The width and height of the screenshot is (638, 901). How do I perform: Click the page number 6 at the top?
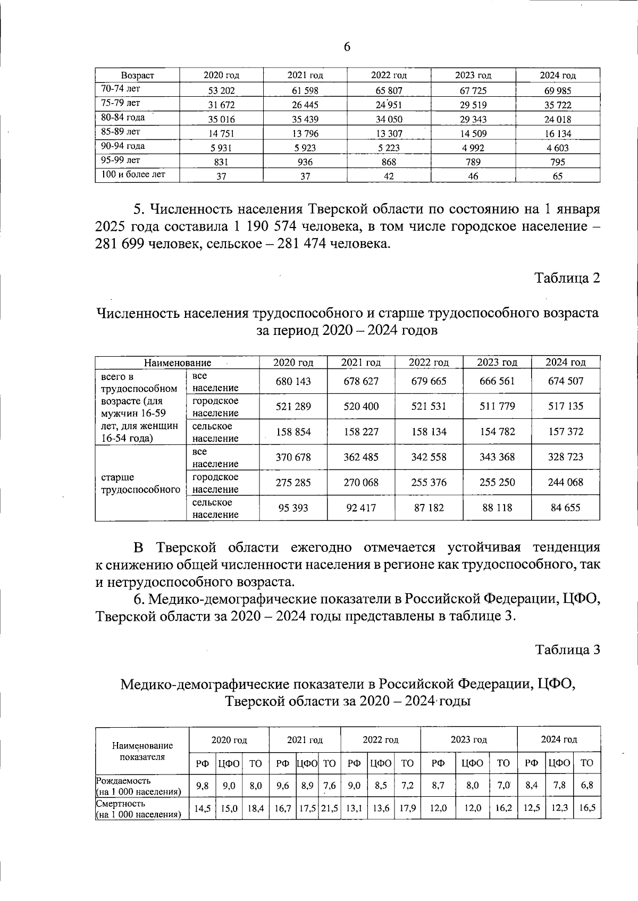347,47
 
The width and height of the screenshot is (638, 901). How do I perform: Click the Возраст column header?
137,75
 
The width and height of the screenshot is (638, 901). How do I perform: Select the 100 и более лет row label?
133,174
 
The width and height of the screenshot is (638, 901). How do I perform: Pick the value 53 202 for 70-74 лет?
221,90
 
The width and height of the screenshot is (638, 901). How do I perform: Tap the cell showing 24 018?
558,120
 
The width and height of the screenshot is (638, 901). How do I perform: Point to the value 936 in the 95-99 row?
305,162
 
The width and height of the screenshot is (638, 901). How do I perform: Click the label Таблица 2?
567,278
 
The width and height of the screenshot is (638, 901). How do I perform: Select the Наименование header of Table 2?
177,363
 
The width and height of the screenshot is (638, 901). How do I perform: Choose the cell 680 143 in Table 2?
293,381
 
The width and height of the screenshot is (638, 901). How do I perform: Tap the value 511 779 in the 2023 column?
497,407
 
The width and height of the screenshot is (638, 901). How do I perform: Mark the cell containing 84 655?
566,508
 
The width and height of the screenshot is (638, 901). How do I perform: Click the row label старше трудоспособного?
140,483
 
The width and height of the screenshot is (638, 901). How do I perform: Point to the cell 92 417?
361,508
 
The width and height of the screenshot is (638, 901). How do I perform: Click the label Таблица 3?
567,650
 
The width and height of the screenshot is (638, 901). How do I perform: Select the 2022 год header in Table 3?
381,739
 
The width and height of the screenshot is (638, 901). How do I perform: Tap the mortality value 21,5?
330,809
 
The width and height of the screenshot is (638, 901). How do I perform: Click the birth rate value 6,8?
587,785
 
